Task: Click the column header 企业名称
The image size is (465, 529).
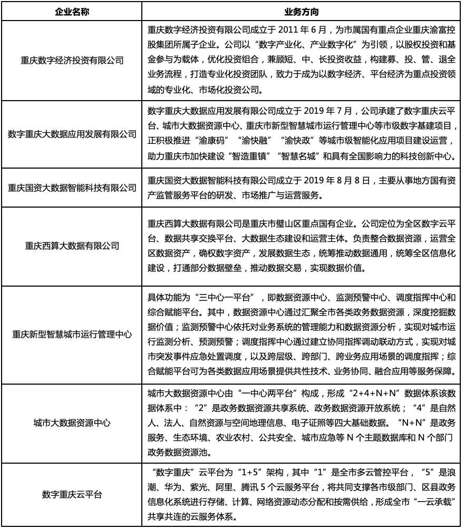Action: [x=72, y=11]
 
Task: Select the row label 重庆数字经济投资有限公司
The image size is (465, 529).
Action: [x=72, y=61]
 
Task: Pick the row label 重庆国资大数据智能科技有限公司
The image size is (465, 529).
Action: [x=72, y=188]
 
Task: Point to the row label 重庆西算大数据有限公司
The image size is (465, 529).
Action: [x=72, y=245]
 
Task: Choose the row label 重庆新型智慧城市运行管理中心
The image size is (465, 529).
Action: [x=72, y=334]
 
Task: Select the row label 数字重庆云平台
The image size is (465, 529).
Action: [x=72, y=494]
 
